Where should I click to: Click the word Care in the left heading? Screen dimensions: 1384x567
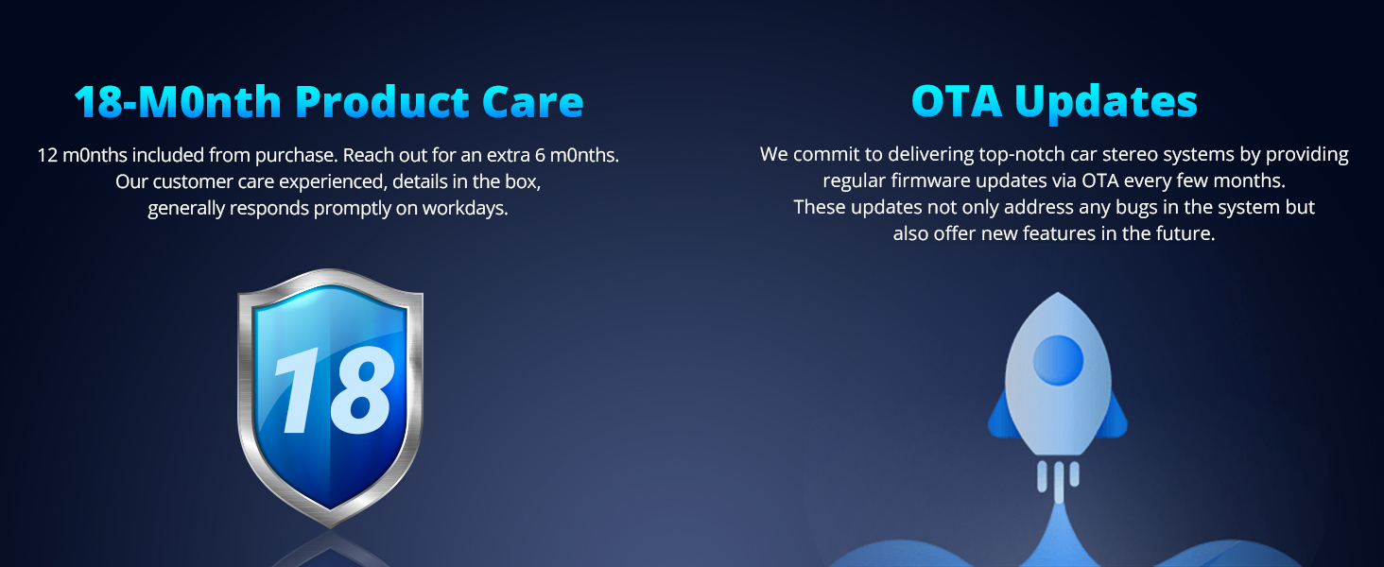tap(532, 102)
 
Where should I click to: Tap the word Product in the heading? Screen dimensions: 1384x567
tap(381, 101)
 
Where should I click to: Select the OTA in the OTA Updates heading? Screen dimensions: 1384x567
tap(957, 101)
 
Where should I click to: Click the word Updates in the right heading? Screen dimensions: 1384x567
tap(1106, 102)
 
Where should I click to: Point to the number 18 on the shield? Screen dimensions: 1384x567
tap(334, 389)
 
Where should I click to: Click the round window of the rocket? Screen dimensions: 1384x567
tap(1058, 360)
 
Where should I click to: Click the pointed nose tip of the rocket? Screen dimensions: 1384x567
tap(1058, 293)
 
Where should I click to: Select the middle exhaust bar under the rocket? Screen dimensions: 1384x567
tap(1059, 482)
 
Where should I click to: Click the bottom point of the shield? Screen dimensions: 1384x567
tap(331, 527)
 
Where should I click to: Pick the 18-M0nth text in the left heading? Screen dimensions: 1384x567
tap(178, 102)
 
